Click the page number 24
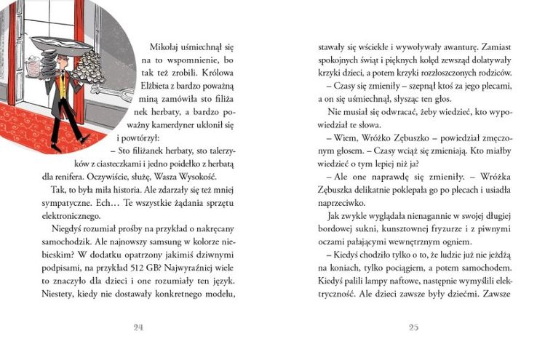coord(138,327)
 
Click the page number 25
coord(413,327)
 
